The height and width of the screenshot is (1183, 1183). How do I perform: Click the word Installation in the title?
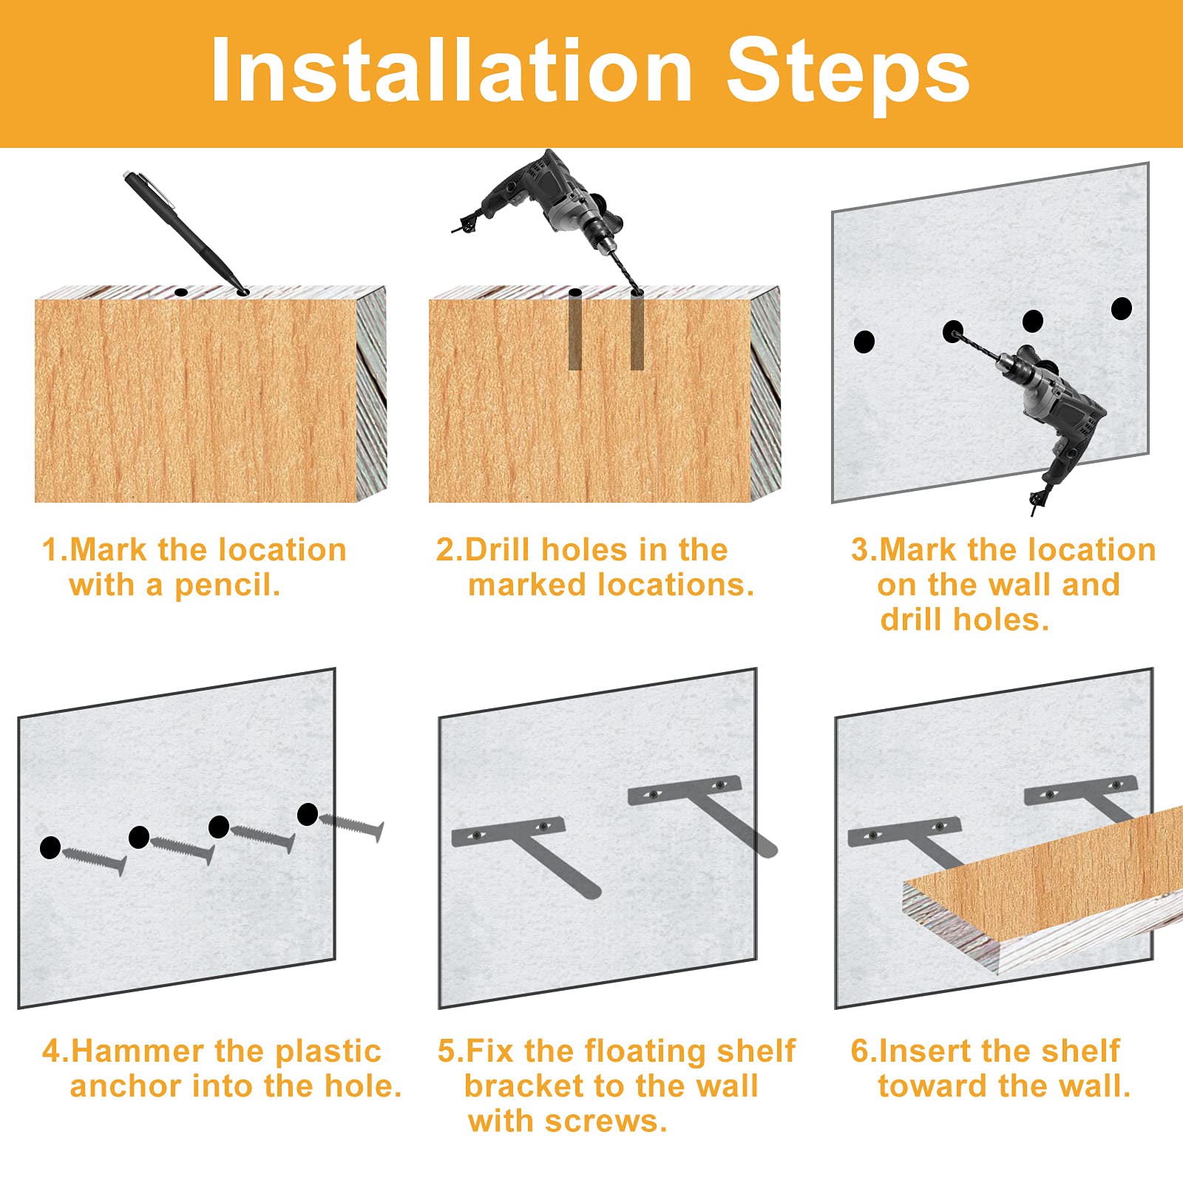click(451, 70)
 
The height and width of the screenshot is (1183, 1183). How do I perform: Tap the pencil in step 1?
click(185, 231)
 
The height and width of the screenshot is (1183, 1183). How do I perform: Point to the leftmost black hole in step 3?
click(864, 342)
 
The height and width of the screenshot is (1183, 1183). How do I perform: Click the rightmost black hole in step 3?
click(1121, 308)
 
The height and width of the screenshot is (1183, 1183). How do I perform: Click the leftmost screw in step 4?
click(94, 862)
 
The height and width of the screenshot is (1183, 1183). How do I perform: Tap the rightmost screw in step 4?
click(352, 826)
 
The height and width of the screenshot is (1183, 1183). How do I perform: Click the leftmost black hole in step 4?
click(50, 848)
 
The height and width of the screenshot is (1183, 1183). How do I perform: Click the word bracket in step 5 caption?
click(523, 1086)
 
